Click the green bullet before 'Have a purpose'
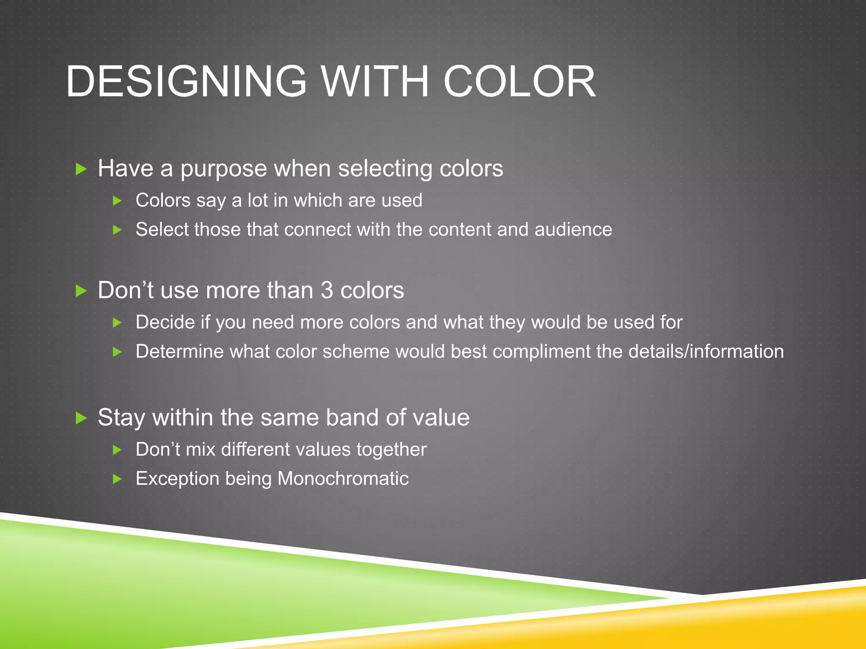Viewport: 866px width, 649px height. (x=81, y=169)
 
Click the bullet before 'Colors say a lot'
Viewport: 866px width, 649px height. (x=118, y=201)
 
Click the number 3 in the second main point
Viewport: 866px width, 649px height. (x=327, y=290)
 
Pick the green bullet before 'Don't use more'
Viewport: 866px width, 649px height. (x=81, y=291)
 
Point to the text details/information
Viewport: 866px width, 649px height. (x=706, y=352)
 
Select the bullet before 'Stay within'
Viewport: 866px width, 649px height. (x=81, y=418)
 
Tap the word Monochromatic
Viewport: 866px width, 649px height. (x=343, y=479)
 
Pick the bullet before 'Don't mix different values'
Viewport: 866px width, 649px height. (x=118, y=450)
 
